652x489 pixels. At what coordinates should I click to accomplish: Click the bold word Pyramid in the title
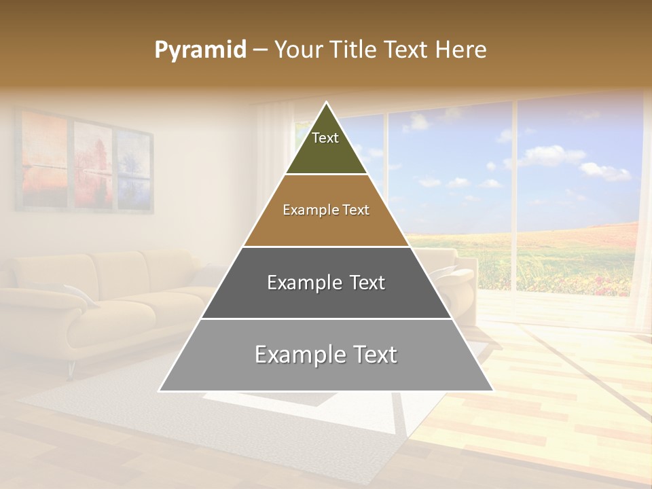[200, 50]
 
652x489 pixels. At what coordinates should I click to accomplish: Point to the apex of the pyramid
[326, 103]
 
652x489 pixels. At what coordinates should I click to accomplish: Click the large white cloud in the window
[554, 156]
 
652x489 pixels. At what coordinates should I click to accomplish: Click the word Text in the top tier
[325, 138]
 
